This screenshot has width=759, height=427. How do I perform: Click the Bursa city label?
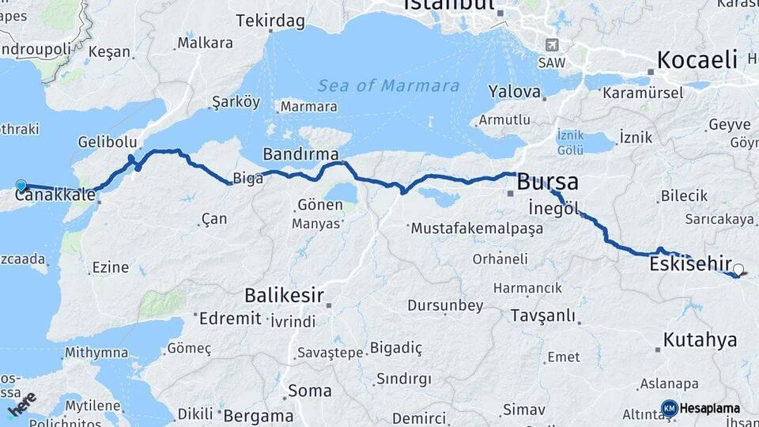pyautogui.click(x=547, y=182)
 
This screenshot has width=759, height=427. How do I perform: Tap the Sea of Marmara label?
pyautogui.click(x=388, y=85)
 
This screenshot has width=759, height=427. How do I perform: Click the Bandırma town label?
pyautogui.click(x=300, y=153)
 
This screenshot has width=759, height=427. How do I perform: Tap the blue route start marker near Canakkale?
pyautogui.click(x=21, y=185)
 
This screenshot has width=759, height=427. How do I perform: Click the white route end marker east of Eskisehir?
pyautogui.click(x=738, y=269)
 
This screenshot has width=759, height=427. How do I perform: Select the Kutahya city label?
pyautogui.click(x=700, y=340)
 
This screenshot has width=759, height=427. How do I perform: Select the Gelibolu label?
pyautogui.click(x=108, y=142)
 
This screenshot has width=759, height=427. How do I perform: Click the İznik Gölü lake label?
pyautogui.click(x=570, y=142)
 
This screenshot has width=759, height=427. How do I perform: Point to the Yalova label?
pyautogui.click(x=515, y=92)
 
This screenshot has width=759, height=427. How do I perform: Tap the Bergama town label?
pyautogui.click(x=259, y=415)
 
